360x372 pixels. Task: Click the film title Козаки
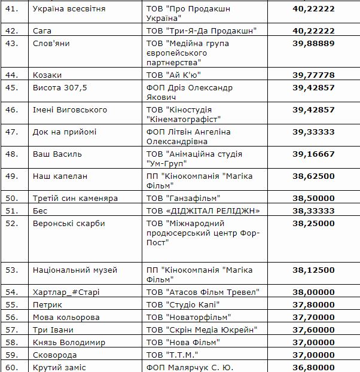(47, 75)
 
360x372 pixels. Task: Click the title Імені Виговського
(69, 109)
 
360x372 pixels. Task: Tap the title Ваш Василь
(57, 154)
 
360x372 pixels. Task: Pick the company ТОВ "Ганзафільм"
(183, 198)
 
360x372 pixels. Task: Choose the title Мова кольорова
(66, 317)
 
